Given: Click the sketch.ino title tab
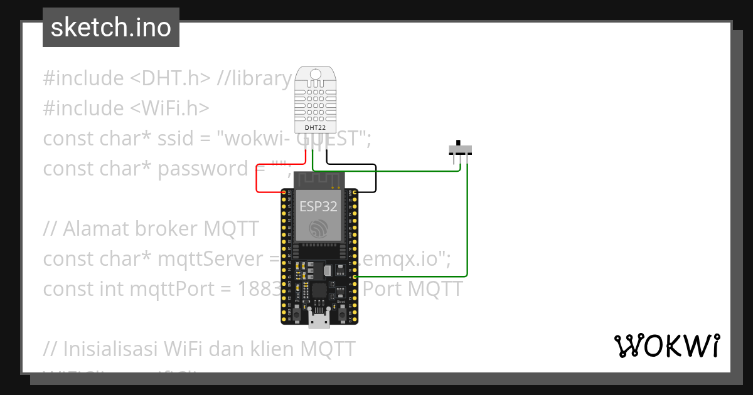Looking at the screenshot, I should (x=111, y=28).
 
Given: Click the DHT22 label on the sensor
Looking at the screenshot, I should (x=314, y=127).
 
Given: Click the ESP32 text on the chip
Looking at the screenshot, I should (x=319, y=206).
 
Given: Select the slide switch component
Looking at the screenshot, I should (x=460, y=150).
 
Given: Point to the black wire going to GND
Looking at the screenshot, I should (x=375, y=179).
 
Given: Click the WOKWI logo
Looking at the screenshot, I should (x=667, y=346).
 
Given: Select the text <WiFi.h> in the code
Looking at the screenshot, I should (x=169, y=108).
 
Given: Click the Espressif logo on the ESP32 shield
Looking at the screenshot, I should (x=319, y=228).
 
